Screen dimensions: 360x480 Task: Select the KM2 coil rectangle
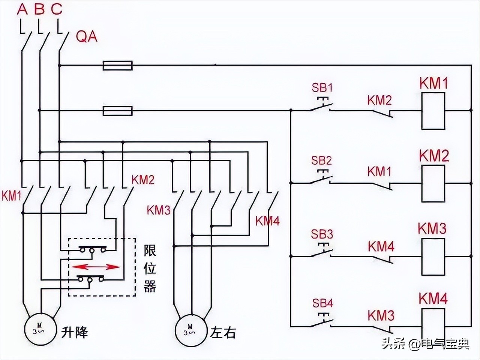pos(433,183)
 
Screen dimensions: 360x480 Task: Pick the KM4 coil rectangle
pos(433,325)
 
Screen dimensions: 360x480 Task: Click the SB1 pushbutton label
pos(322,88)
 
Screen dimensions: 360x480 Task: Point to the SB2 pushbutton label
pos(321,160)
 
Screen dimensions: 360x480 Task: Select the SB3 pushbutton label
pos(322,234)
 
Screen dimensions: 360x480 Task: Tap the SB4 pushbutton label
pos(322,303)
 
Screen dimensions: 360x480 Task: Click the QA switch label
pos(87,36)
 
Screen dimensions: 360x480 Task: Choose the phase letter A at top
pos(22,9)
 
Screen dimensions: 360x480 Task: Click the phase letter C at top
pos(57,9)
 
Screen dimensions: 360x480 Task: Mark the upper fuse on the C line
pos(118,66)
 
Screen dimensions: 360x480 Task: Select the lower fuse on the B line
pos(118,111)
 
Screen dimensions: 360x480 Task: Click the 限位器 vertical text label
pos(150,269)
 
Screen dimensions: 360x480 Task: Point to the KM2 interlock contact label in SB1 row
pos(379,100)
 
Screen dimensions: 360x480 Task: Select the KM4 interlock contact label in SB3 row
pos(381,247)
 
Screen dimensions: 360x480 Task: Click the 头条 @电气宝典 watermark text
pos(425,343)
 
